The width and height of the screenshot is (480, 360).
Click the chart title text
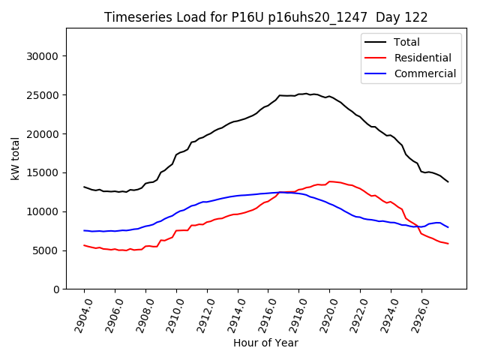pyautogui.click(x=266, y=17)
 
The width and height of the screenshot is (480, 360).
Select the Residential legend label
pyautogui.click(x=422, y=58)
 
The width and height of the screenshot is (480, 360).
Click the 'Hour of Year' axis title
pyautogui.click(x=265, y=343)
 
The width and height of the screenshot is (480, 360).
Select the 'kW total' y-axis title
pyautogui.click(x=15, y=158)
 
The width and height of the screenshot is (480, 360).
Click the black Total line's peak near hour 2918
pyautogui.click(x=305, y=94)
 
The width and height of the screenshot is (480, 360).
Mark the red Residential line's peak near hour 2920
pyautogui.click(x=330, y=181)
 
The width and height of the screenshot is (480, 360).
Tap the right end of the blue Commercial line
pyautogui.click(x=448, y=227)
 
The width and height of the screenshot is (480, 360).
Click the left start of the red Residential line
pyautogui.click(x=84, y=245)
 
